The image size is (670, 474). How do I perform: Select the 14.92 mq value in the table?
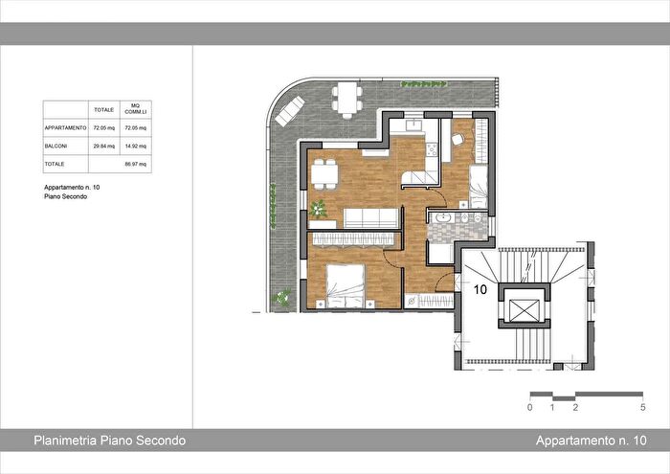click(x=137, y=147)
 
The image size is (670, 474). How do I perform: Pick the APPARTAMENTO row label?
click(x=65, y=127)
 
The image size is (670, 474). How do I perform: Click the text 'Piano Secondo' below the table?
click(x=66, y=196)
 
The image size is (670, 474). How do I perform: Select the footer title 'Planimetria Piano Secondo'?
click(x=109, y=440)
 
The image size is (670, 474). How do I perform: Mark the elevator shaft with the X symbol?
click(x=524, y=309)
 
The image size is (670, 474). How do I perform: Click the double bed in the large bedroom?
click(x=346, y=284)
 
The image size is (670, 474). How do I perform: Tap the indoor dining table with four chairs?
click(x=324, y=173)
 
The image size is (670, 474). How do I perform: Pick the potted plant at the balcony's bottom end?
click(x=281, y=299)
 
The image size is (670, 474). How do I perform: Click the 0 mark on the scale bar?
click(x=529, y=408)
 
